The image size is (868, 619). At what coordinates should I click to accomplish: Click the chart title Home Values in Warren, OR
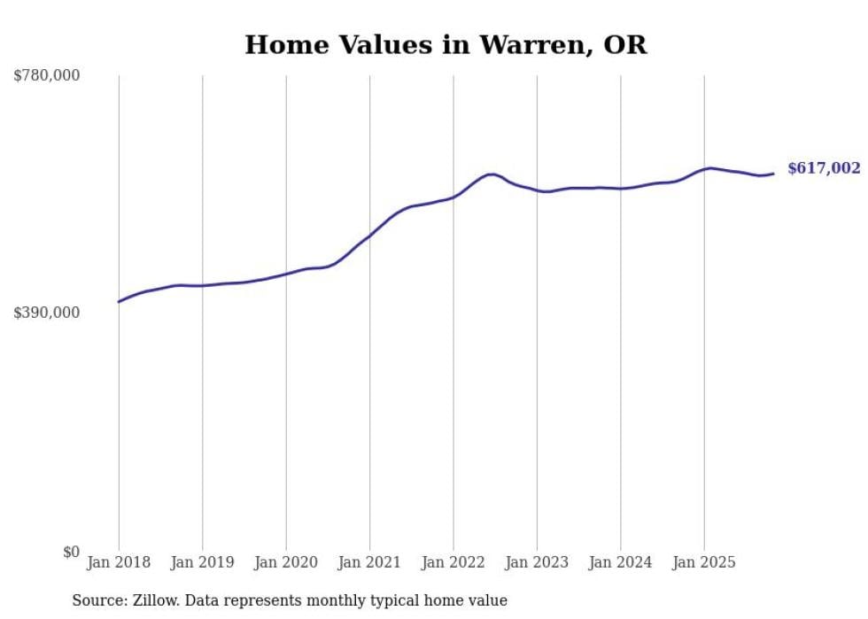[x=446, y=45]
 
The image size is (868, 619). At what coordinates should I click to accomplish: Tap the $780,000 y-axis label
[x=47, y=76]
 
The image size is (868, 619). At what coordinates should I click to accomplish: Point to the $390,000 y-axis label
[x=47, y=313]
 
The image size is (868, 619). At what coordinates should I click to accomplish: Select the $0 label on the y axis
[x=71, y=552]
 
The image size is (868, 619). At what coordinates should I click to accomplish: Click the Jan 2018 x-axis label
[x=119, y=562]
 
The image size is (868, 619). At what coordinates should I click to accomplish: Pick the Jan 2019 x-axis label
[x=202, y=562]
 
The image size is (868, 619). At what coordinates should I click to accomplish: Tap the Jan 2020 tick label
[x=286, y=562]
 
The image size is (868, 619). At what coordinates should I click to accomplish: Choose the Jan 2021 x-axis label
[x=369, y=562]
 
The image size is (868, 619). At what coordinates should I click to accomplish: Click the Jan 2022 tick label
[x=453, y=562]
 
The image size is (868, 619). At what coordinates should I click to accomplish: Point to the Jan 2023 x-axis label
[x=537, y=562]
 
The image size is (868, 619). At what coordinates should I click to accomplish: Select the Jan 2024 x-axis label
[x=621, y=562]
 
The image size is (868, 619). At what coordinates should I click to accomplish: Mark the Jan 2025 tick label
[x=704, y=562]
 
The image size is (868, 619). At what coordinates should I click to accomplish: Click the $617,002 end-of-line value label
[x=824, y=168]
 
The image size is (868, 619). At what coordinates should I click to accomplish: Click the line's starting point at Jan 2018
[x=119, y=302]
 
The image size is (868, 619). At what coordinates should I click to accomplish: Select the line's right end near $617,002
[x=774, y=174]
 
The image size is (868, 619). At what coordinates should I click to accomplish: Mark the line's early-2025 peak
[x=710, y=167]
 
